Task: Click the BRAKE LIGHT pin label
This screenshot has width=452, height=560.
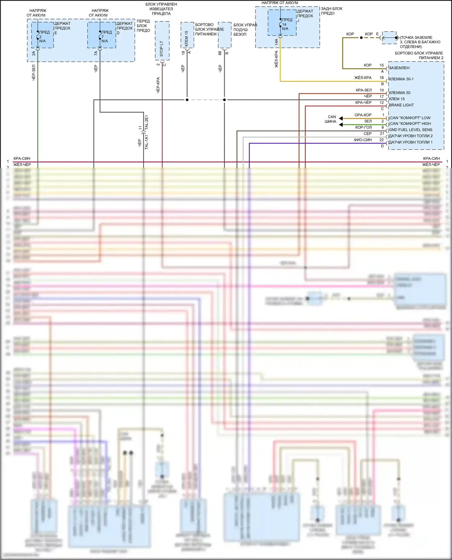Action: pos(401,105)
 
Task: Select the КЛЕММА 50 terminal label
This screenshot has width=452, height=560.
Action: pos(400,93)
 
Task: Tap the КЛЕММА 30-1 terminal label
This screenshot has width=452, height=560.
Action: pos(401,79)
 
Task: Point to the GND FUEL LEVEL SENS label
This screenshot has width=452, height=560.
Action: pos(410,130)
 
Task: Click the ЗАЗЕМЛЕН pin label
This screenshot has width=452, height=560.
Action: pos(399,68)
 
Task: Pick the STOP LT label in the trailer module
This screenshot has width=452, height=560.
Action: pos(162,49)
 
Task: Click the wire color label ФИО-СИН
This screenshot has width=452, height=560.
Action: pos(363,140)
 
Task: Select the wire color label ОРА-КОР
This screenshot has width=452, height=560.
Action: pos(363,115)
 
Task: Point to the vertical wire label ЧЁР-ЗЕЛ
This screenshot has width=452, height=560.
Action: pos(33,72)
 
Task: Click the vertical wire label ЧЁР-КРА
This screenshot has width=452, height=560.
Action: pos(158,85)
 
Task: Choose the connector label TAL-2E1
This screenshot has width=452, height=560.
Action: pos(146,122)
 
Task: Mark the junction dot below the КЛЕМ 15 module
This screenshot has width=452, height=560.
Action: pos(187,100)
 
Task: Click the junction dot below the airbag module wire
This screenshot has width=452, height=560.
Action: pos(224,100)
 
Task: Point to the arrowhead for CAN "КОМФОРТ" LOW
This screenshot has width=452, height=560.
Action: pos(341,118)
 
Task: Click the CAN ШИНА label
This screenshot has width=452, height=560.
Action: pos(331,119)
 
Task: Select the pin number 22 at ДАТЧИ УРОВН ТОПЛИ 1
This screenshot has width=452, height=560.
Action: pos(381,140)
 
